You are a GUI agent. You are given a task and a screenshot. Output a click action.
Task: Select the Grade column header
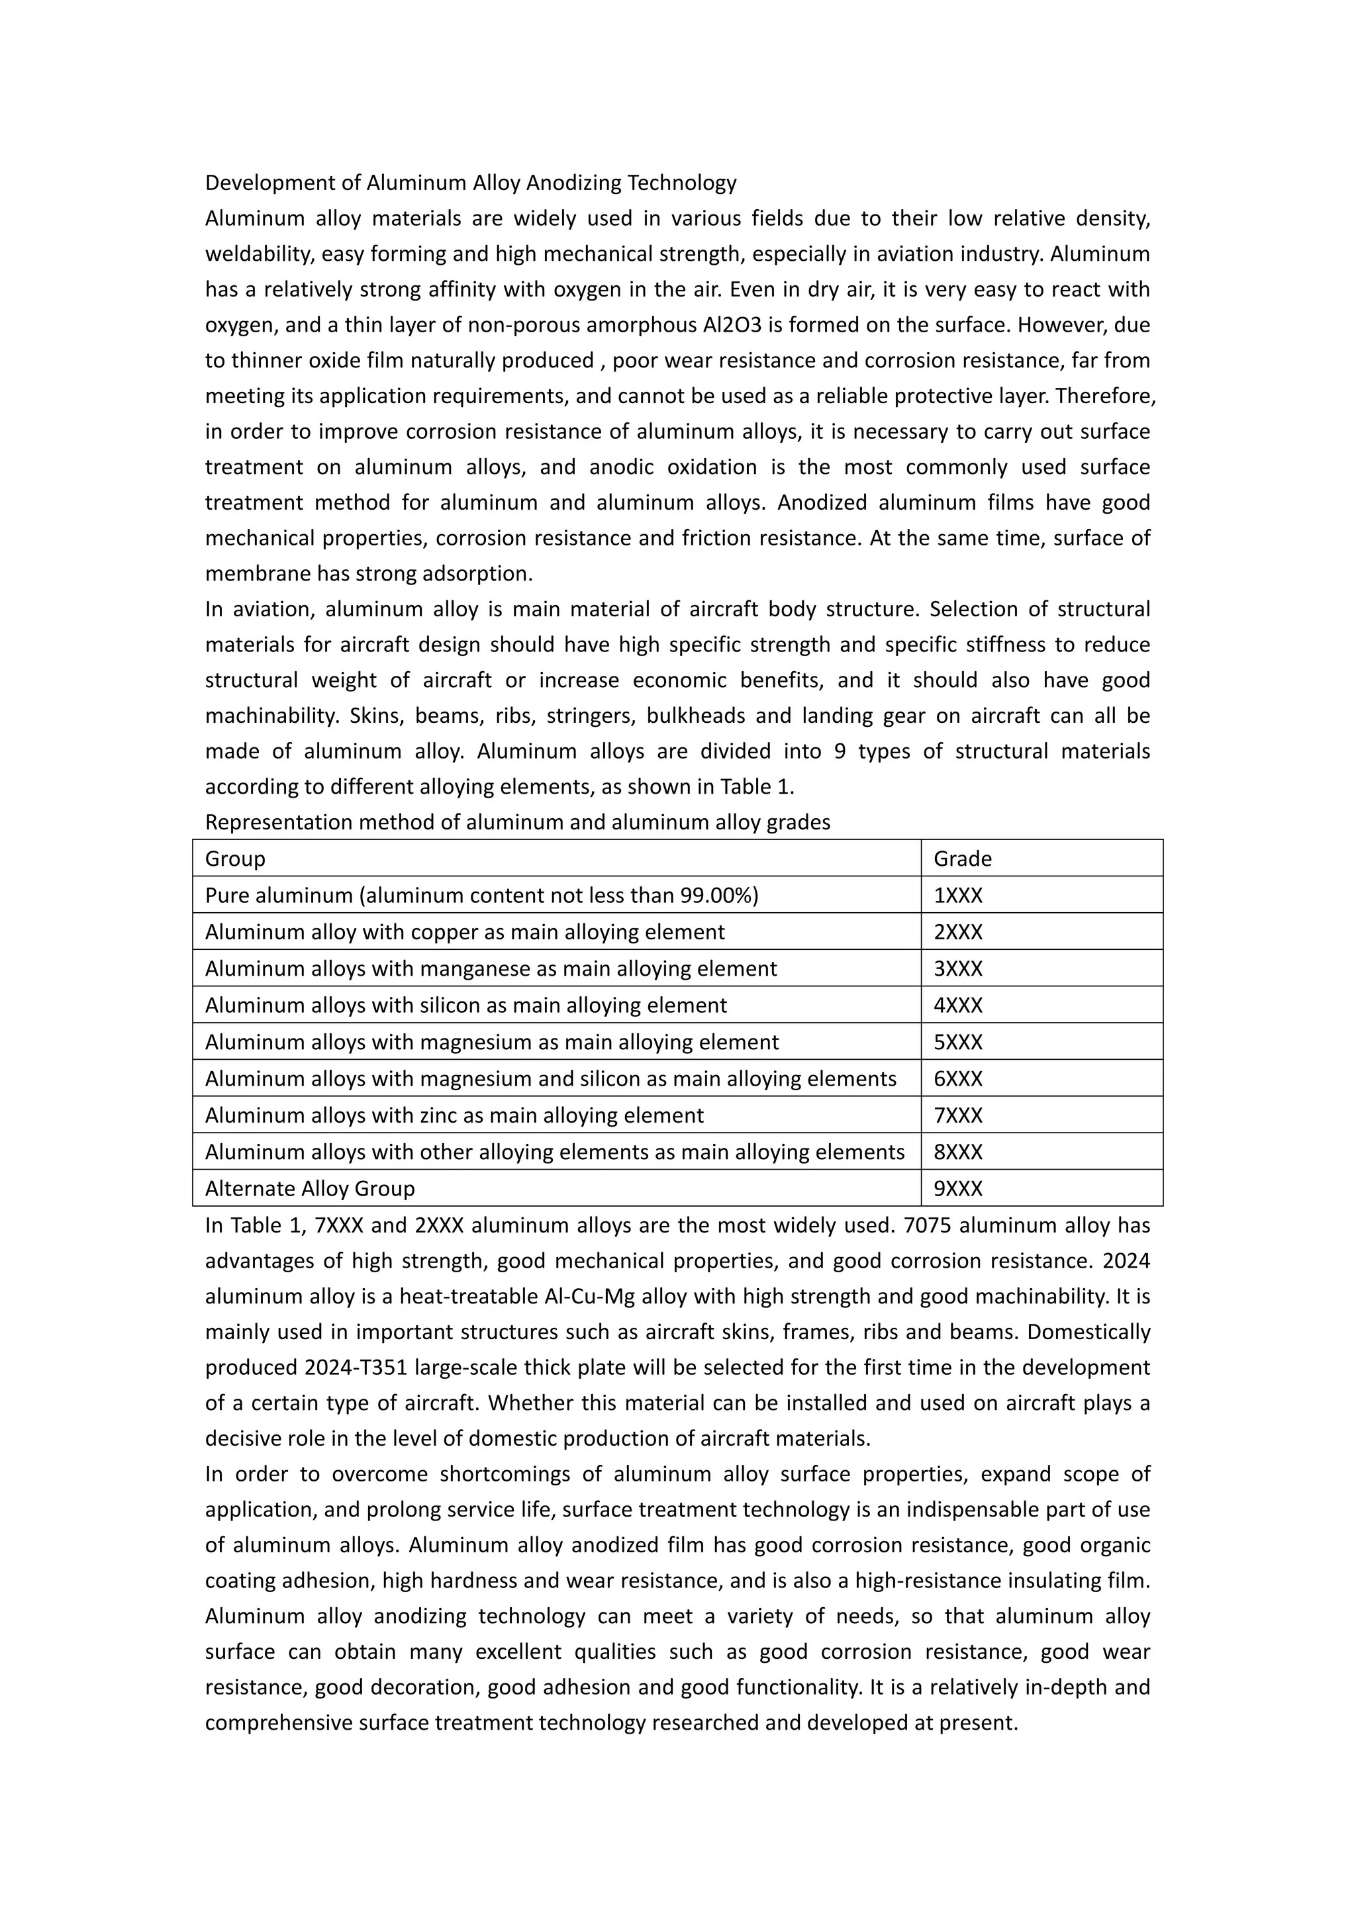(962, 859)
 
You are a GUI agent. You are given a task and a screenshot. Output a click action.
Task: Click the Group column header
(236, 859)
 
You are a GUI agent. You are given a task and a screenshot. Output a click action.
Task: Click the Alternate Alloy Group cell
(310, 1189)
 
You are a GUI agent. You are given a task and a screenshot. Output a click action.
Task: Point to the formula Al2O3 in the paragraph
(722, 325)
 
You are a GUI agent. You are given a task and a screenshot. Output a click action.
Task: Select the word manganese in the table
(471, 968)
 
